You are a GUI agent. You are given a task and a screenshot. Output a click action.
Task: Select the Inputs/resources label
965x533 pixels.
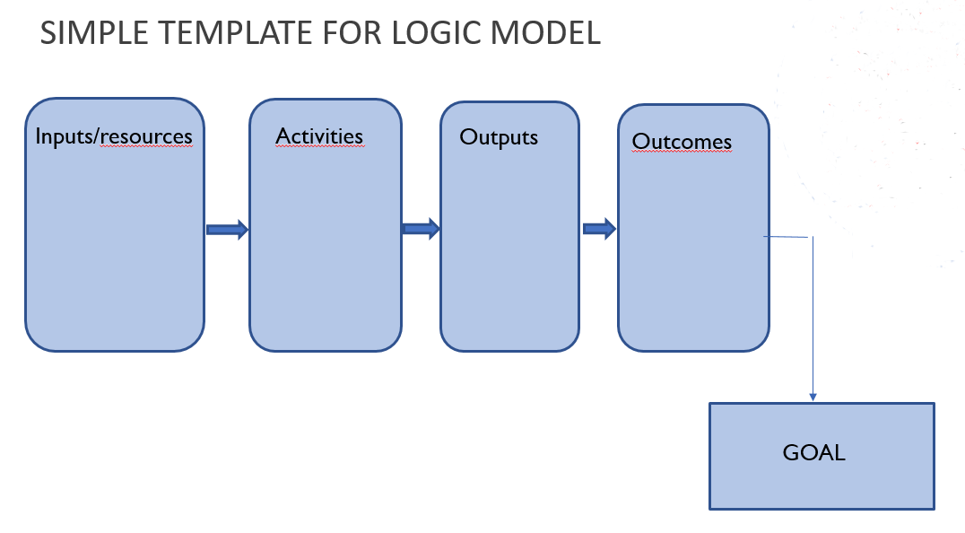coord(114,136)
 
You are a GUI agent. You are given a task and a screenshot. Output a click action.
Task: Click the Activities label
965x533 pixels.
coord(319,136)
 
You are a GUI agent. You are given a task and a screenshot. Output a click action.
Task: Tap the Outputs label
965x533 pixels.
coord(499,137)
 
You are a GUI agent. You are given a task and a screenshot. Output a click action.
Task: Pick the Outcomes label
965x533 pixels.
coord(682,141)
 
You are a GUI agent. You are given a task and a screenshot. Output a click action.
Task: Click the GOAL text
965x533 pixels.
coord(813,452)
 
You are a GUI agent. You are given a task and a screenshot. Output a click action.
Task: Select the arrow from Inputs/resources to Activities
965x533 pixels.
coord(227,230)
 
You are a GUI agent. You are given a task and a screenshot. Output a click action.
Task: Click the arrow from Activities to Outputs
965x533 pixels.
coord(421,229)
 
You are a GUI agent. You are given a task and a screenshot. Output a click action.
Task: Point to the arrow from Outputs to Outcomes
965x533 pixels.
coord(599,229)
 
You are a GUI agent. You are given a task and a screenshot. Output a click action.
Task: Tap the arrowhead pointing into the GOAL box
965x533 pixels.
coord(813,398)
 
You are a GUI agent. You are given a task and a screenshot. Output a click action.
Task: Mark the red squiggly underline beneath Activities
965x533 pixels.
coord(319,147)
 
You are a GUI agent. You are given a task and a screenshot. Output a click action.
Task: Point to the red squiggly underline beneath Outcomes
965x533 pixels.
coord(682,151)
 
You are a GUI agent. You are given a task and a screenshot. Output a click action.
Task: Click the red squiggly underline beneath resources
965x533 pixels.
coord(146,146)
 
